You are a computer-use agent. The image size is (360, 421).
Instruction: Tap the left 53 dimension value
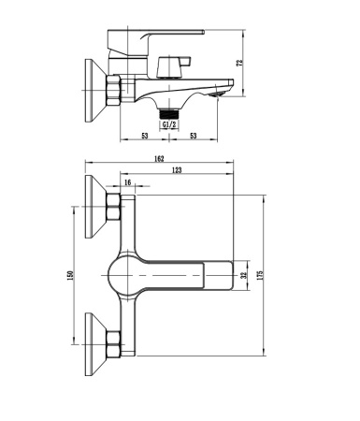tap(145, 137)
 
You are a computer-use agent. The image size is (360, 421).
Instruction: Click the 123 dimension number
tap(177, 170)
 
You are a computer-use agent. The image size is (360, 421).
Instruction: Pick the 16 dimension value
tap(128, 183)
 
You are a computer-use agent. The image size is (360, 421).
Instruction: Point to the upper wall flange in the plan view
tap(95, 208)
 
